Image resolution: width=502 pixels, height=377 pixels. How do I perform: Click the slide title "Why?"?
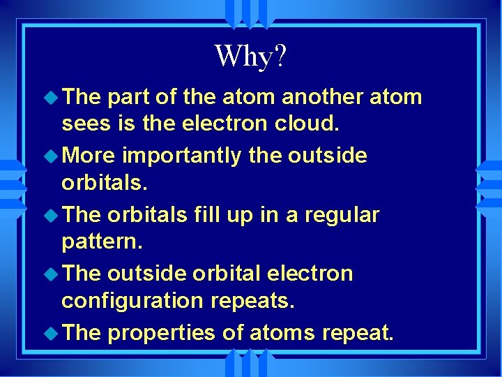pyautogui.click(x=250, y=56)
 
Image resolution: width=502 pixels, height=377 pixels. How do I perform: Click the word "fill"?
pyautogui.click(x=203, y=214)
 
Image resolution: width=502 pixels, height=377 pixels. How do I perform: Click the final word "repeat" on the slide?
pyautogui.click(x=358, y=333)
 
